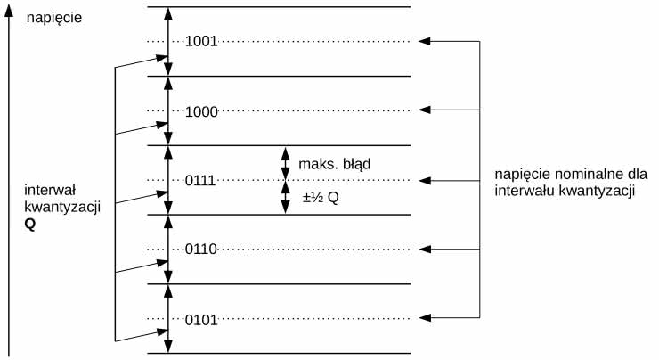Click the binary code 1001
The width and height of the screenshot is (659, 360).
pos(202,41)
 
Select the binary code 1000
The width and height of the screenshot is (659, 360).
pos(202,111)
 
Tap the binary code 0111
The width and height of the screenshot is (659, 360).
pos(202,181)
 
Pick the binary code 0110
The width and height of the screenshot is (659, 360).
pos(202,250)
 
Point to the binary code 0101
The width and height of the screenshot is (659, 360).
pos(202,318)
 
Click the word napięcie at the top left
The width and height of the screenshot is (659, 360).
pos(55,16)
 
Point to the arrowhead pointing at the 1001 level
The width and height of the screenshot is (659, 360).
pos(424,41)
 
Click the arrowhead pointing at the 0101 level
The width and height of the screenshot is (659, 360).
pos(424,317)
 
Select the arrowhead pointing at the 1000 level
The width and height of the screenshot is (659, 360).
pos(424,110)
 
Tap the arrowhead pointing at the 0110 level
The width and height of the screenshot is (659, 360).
pos(424,249)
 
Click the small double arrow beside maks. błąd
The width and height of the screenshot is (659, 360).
pos(285,163)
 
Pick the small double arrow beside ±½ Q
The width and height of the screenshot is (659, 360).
pos(285,197)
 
